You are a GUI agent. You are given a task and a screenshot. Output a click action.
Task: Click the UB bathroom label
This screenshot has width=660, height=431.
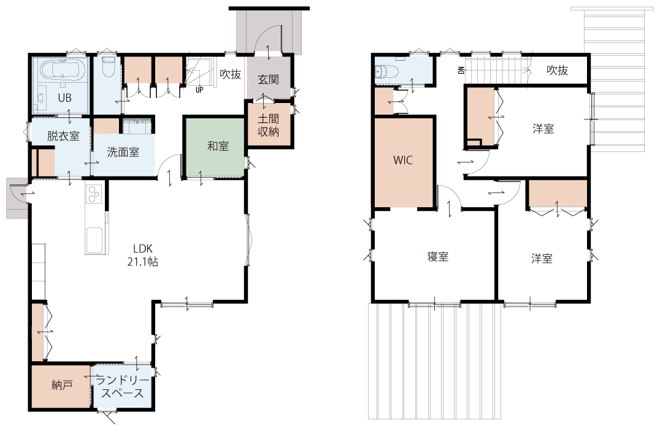pos(64,97)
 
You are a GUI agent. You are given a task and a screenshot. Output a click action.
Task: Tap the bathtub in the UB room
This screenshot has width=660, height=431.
pos(63,70)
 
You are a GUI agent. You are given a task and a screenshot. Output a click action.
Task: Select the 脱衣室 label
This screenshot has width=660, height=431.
pos(63,136)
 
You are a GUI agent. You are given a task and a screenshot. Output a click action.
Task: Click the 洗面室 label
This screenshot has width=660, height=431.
pos(123,152)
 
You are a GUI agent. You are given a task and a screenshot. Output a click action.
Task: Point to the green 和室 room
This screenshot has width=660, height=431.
pos(213,147)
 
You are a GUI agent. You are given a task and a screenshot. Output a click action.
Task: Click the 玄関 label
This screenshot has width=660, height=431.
pos(268,79)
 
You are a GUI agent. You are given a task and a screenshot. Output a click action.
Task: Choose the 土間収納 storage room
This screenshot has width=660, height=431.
pos(269,125)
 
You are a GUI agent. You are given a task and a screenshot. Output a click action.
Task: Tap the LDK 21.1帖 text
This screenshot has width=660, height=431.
pos(143,255)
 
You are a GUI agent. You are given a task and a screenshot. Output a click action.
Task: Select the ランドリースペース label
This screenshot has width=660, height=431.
pos(123,387)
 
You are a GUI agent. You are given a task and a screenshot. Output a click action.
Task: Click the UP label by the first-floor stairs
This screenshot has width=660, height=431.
pos(199,90)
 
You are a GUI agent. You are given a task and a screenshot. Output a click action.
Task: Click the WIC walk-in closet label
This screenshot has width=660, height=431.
pos(403,160)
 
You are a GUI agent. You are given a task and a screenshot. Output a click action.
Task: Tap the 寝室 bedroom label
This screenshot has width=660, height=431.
pos(438,256)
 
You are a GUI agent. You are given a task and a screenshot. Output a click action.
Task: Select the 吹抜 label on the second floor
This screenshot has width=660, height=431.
pos(558,70)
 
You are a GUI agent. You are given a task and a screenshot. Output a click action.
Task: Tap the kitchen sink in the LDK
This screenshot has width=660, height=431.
pos(93,240)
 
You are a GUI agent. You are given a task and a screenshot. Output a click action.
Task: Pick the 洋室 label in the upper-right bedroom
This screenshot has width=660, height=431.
pos(543,128)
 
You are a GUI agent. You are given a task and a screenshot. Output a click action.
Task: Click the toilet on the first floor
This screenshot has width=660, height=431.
pos(109,66)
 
